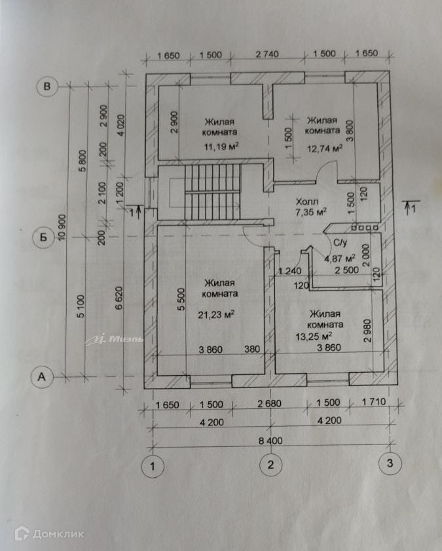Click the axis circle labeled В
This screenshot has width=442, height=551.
(47, 86)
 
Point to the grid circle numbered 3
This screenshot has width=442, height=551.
(390, 464)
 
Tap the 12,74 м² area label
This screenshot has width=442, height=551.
(325, 149)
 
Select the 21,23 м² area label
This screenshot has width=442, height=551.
(216, 314)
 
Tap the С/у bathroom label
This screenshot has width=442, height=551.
(341, 243)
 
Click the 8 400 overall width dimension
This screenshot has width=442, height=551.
(270, 440)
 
